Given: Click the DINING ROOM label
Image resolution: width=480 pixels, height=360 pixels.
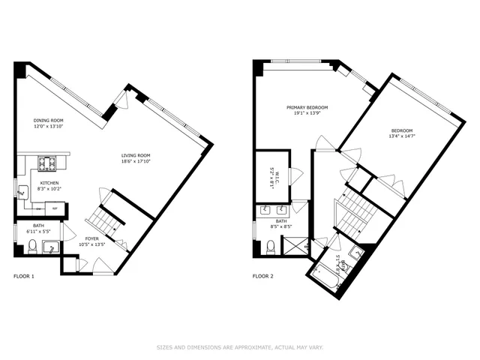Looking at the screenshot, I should pyautogui.click(x=48, y=121).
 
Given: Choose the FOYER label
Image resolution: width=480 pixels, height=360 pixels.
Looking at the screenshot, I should pyautogui.click(x=92, y=238).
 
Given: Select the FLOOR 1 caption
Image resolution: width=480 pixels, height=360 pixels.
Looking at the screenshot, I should pyautogui.click(x=24, y=277).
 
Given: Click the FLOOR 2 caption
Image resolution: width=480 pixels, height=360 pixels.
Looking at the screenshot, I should pyautogui.click(x=262, y=277).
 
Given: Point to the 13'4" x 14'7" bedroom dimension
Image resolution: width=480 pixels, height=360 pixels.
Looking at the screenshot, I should pyautogui.click(x=403, y=136).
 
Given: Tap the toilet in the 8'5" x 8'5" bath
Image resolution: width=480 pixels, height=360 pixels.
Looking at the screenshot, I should pyautogui.click(x=271, y=245).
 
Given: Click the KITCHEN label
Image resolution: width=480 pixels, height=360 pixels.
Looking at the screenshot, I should pyautogui.click(x=49, y=182).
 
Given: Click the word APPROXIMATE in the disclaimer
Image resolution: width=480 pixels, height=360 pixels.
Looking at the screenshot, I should pyautogui.click(x=247, y=347).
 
